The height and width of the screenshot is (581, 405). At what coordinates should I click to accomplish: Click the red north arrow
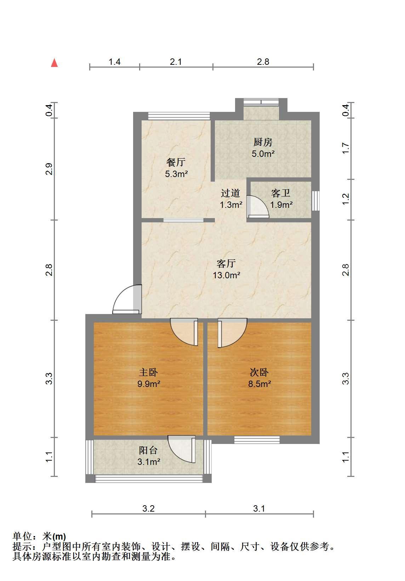point(54,63)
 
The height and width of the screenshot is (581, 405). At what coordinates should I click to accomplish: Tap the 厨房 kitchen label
point(263,142)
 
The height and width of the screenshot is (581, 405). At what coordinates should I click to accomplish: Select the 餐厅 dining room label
point(176,162)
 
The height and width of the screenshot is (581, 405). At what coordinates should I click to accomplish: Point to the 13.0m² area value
point(226,275)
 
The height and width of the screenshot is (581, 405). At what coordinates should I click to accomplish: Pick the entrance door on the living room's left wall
point(127,299)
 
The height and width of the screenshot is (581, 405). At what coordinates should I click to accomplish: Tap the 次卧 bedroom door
point(232,332)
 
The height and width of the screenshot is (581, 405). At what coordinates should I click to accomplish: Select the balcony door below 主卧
point(182,449)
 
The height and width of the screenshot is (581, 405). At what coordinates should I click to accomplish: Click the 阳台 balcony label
point(148,450)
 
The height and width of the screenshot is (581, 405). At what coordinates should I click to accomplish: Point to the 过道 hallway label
point(230,193)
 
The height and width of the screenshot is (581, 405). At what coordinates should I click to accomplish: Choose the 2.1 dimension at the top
point(176,62)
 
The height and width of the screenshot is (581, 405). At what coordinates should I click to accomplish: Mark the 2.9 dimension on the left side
point(49,169)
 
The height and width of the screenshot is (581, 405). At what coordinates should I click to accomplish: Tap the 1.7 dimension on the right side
point(346,148)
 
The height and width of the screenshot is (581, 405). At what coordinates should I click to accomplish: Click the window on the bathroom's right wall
point(315,201)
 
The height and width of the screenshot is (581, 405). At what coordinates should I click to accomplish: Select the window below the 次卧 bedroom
point(257,440)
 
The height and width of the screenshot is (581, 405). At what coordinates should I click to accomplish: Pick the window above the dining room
point(179,116)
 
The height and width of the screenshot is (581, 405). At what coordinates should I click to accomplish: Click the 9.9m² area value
point(149,383)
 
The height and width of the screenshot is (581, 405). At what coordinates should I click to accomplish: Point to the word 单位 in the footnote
point(22,536)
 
